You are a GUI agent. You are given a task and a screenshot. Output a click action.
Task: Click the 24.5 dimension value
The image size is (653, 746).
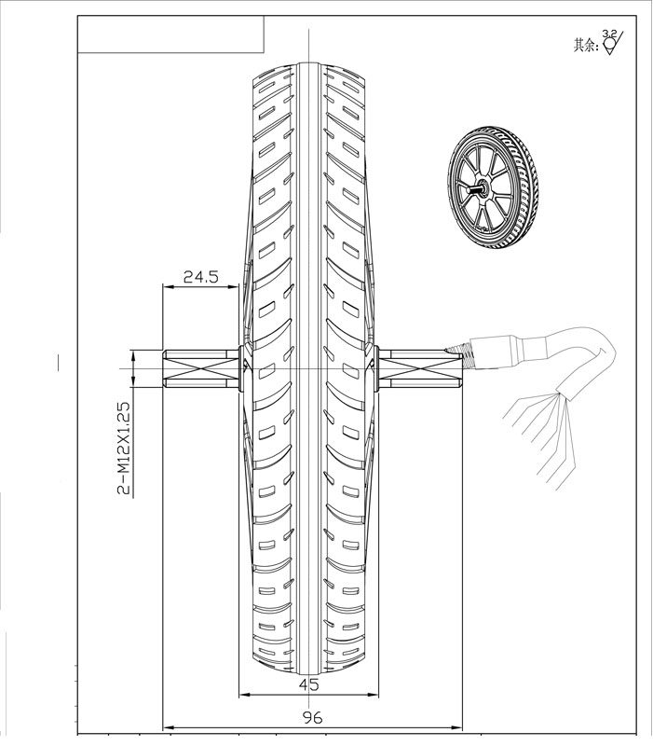(x=200, y=277)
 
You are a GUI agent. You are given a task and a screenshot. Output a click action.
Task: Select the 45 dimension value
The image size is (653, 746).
(x=309, y=684)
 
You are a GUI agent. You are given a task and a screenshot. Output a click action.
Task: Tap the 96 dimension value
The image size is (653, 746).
(x=312, y=719)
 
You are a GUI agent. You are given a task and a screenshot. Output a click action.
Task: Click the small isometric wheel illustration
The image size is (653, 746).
(x=492, y=191)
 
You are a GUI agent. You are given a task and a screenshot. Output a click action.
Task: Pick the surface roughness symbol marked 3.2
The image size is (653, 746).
(x=612, y=43)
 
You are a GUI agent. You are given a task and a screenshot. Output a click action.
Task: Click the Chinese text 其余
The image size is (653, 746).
(x=586, y=44)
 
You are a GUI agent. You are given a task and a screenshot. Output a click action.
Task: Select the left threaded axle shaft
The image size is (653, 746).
(x=200, y=368)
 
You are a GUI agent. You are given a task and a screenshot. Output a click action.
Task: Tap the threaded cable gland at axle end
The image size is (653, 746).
(x=471, y=353)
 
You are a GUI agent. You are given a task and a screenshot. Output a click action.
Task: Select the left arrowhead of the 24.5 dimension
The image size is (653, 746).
(x=168, y=287)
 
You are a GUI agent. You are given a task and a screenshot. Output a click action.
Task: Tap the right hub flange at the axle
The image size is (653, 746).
(x=374, y=367)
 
